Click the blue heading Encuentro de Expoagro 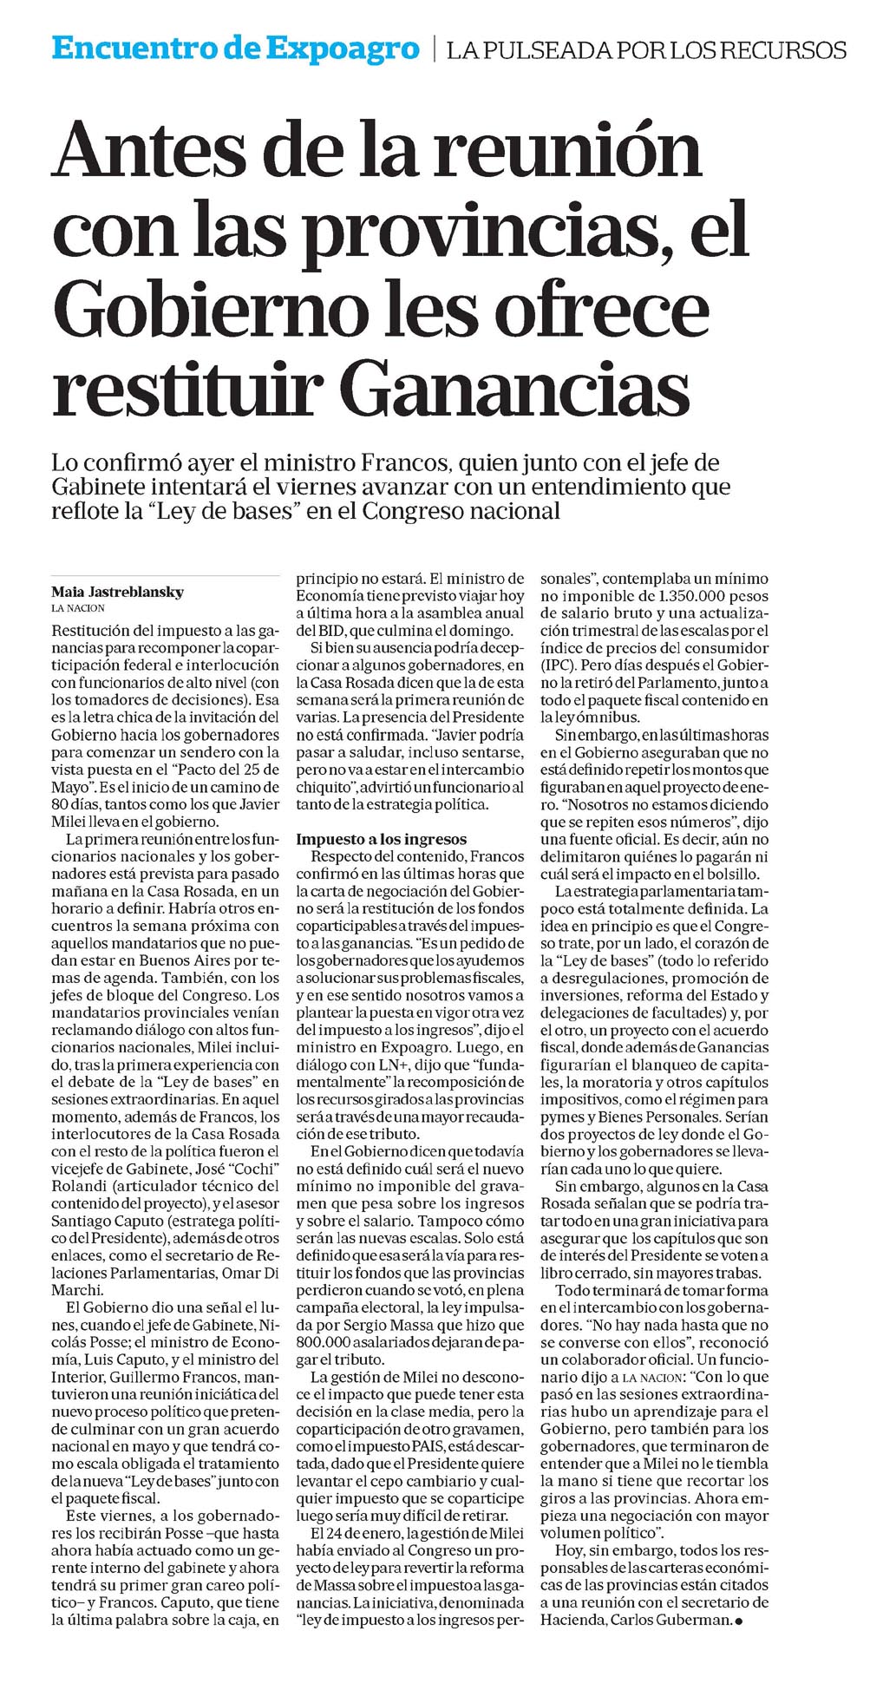pos(235,49)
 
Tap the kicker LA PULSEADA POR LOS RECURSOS pos(646,50)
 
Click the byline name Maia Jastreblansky pos(117,593)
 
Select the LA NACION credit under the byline pos(78,608)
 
